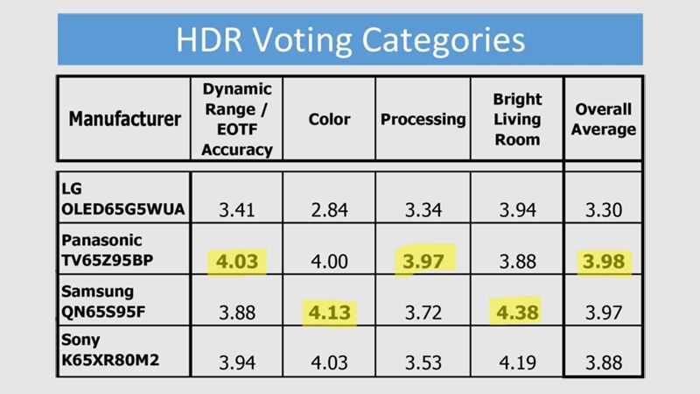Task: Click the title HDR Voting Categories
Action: pos(351,40)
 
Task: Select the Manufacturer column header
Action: pos(124,119)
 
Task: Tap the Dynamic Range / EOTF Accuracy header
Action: pos(237,119)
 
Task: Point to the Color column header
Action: pos(329,119)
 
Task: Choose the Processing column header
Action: pos(423,119)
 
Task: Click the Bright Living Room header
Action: pos(517,119)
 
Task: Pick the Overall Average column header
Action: pos(604,119)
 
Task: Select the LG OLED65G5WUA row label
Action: pos(122,199)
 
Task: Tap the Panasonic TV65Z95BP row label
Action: pos(107,250)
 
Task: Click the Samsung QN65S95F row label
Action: pos(103,301)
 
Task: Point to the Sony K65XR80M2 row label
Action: pos(110,349)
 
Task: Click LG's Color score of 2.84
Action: pos(330,210)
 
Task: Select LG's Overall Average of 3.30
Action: pos(604,210)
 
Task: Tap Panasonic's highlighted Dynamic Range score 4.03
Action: pos(237,261)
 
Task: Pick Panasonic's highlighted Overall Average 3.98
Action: pos(604,261)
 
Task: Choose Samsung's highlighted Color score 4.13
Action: pos(330,313)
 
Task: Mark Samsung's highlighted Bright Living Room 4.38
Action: pos(517,313)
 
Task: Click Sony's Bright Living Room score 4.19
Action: pos(517,362)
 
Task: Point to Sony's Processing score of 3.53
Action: pos(423,362)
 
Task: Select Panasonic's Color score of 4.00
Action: pos(330,261)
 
